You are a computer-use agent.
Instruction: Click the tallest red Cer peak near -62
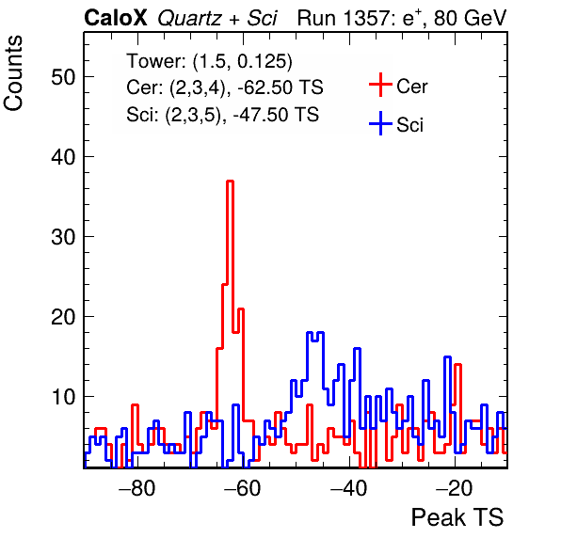[x=230, y=182]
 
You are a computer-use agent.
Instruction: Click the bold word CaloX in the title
[x=115, y=18]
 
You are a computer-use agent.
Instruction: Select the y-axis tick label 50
[x=63, y=77]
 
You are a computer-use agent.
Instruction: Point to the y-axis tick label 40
[x=63, y=157]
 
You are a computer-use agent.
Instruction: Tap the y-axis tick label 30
[x=63, y=237]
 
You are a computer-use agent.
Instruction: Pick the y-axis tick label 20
[x=63, y=317]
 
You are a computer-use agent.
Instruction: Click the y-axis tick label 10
[x=63, y=397]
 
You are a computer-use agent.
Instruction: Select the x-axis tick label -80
[x=137, y=488]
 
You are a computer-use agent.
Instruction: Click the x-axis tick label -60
[x=243, y=488]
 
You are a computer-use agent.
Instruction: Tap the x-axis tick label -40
[x=349, y=488]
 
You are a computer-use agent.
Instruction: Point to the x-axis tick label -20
[x=455, y=488]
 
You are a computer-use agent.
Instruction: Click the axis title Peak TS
[x=457, y=517]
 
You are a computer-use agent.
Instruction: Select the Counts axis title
[x=13, y=73]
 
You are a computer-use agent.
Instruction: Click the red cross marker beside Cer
[x=380, y=85]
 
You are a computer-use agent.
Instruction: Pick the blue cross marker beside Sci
[x=380, y=124]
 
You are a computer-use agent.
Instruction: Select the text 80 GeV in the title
[x=470, y=18]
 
